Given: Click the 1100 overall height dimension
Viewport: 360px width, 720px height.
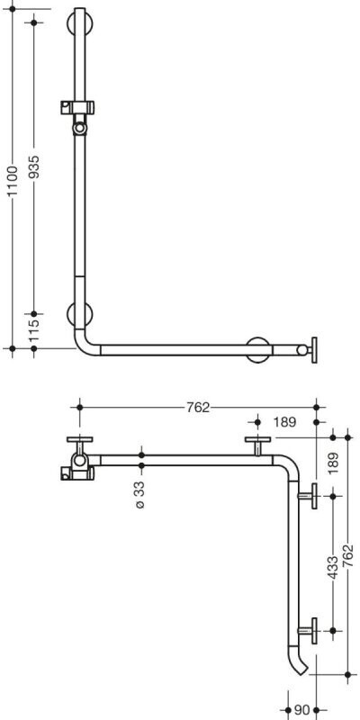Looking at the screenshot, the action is click(x=13, y=181).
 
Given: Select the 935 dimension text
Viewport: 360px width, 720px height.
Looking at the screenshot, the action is click(x=34, y=166).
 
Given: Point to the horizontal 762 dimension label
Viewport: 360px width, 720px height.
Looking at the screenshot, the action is click(x=198, y=408).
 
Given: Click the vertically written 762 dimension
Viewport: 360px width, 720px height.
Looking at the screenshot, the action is click(x=348, y=555).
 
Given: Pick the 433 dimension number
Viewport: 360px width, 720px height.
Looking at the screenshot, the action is click(x=333, y=567).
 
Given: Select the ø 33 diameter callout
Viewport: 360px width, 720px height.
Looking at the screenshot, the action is click(x=140, y=494).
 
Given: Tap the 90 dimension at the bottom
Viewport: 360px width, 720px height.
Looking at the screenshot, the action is click(x=301, y=710).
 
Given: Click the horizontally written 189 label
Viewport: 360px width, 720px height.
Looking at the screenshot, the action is click(x=284, y=422).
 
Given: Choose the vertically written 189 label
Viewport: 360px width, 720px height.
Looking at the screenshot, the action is click(x=333, y=463).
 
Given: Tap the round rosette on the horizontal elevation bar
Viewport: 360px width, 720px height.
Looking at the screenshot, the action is click(x=258, y=350).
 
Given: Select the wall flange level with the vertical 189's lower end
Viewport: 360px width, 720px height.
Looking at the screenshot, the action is click(x=309, y=496).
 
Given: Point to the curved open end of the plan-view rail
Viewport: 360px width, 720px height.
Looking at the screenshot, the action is click(x=299, y=660).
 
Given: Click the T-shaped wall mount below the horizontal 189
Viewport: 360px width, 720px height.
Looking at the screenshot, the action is click(x=257, y=445).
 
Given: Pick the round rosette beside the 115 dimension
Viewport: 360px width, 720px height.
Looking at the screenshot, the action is click(x=80, y=314).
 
